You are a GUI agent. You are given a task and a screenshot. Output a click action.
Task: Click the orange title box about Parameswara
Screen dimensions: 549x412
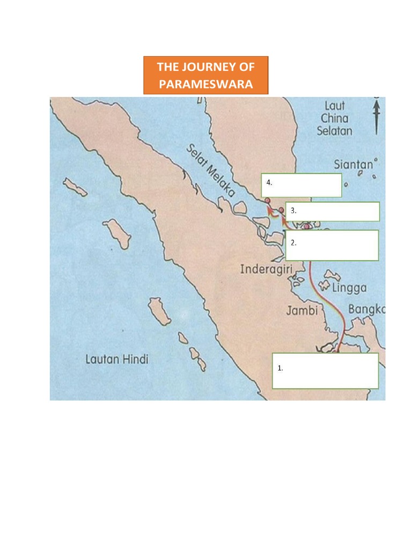pyautogui.click(x=205, y=76)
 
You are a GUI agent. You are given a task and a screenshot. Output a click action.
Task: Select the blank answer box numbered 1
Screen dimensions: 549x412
pyautogui.click(x=325, y=370)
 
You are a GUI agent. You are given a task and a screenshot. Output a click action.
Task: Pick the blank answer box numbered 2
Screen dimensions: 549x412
pyautogui.click(x=332, y=246)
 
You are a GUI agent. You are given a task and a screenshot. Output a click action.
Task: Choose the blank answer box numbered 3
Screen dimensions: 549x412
pyautogui.click(x=333, y=211)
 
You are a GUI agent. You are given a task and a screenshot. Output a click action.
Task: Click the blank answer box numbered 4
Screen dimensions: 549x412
pyautogui.click(x=301, y=185)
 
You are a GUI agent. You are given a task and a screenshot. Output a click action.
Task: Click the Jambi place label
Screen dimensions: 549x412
pyautogui.click(x=301, y=310)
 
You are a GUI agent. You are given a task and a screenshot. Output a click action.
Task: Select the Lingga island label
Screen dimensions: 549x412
pyautogui.click(x=349, y=288)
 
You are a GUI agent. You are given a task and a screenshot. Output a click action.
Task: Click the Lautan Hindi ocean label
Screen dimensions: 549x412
pyautogui.click(x=116, y=359)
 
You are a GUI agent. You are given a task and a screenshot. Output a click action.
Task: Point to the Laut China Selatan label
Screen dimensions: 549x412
pyautogui.click(x=334, y=118)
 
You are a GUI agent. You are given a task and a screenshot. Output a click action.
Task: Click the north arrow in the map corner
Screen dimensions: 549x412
pyautogui.click(x=377, y=115)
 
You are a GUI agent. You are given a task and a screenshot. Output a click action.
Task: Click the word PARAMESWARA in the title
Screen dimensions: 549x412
pyautogui.click(x=205, y=84)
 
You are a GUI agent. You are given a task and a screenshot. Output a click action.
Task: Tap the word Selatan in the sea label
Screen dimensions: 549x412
pyautogui.click(x=334, y=131)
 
